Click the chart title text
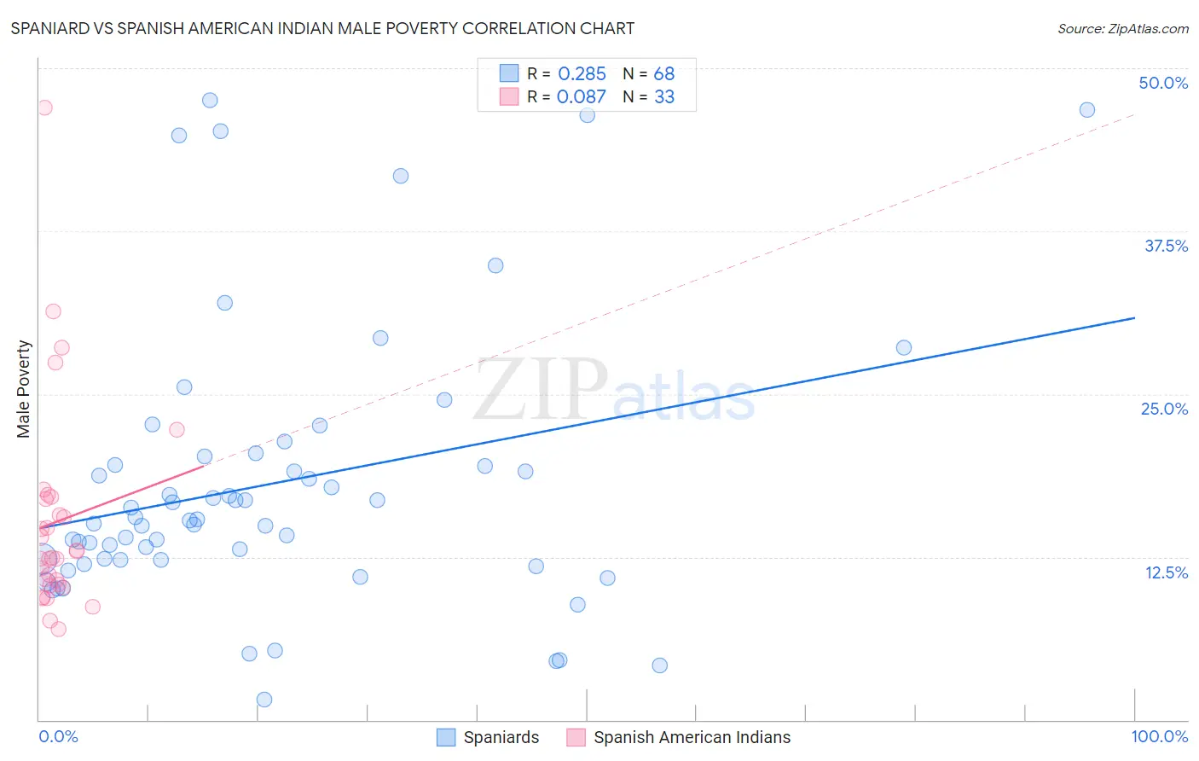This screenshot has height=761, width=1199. tap(322, 28)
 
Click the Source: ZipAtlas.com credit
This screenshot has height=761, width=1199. tap(1122, 28)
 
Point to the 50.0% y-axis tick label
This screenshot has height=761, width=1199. tap(1162, 83)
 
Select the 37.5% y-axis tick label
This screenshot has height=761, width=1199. tap(1165, 246)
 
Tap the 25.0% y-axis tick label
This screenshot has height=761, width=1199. tap(1163, 409)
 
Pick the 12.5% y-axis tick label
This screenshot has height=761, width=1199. tap(1165, 572)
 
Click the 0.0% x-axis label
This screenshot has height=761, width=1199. tap(58, 736)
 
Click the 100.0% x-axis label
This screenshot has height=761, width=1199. tap(1159, 736)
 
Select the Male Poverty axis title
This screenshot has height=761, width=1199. tap(24, 389)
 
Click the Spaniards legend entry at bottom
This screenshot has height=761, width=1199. tap(488, 737)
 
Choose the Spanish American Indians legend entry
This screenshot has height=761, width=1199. tap(679, 737)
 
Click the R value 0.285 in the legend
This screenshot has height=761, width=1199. tap(582, 74)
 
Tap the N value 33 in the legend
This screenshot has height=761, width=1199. tap(664, 97)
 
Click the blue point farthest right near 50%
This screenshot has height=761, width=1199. tap(1086, 110)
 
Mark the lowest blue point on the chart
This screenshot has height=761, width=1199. tap(264, 700)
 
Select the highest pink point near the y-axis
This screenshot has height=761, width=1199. tap(44, 107)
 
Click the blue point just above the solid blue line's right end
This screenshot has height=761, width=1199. tap(904, 347)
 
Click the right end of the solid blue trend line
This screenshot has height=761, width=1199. tap(1134, 317)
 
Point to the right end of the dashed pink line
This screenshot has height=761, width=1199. tap(1134, 114)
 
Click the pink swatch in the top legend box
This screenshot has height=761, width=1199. tap(509, 97)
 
